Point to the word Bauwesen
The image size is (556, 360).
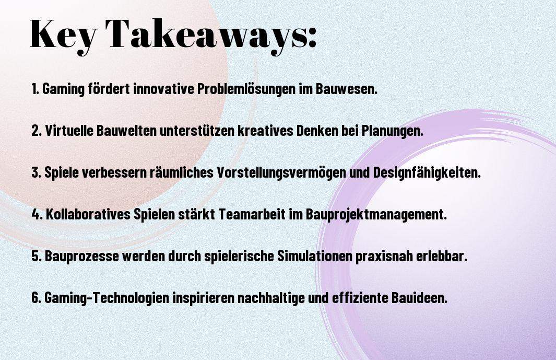point(346,89)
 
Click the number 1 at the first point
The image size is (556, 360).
point(34,89)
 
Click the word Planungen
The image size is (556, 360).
point(392,131)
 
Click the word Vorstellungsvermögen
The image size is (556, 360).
point(281,172)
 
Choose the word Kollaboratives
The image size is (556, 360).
point(88,214)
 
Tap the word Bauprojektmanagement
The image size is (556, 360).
point(376,214)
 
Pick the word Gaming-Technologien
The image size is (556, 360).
point(107,297)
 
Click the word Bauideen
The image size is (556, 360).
point(420,297)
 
